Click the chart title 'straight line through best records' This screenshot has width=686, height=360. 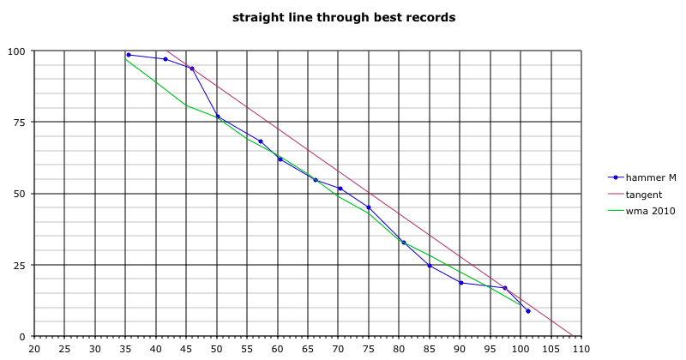(344, 17)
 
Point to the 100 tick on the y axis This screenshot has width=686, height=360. (16, 51)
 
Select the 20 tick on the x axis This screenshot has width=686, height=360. (34, 349)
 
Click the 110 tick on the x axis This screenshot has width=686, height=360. (581, 349)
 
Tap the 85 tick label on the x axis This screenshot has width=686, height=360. (430, 349)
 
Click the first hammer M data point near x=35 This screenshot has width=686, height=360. (129, 55)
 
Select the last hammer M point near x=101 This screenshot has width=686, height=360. (528, 311)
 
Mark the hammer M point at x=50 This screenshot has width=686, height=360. (218, 117)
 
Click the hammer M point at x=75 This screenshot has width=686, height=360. (369, 207)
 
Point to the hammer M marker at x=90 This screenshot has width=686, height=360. (461, 283)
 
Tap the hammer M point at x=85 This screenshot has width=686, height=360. (430, 266)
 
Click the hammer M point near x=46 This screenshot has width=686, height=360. (191, 69)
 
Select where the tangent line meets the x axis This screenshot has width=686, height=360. (572, 335)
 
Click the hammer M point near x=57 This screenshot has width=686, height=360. (261, 141)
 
